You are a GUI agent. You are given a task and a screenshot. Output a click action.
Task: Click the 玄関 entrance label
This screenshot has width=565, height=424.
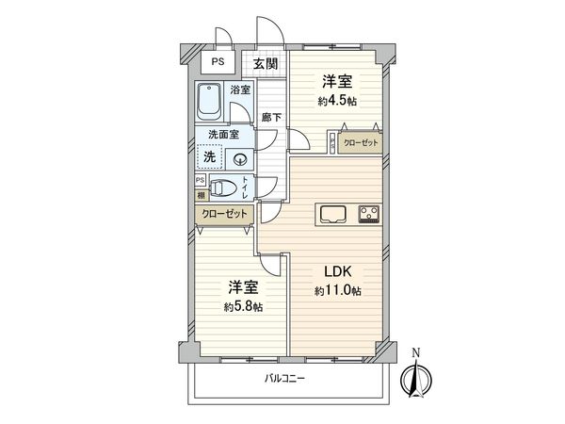click(266, 64)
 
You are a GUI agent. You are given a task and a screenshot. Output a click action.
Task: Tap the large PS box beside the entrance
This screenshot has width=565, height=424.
click(218, 64)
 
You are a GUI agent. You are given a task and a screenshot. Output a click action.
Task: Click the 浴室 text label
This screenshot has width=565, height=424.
click(241, 90)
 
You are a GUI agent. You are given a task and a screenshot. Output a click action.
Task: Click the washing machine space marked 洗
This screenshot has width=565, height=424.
click(212, 156)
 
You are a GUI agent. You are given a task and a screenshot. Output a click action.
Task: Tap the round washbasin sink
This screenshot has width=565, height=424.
click(241, 158)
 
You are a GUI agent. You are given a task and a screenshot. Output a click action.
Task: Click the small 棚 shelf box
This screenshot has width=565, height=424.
click(201, 196)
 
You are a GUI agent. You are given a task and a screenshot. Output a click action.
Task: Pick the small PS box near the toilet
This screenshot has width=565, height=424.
click(201, 180)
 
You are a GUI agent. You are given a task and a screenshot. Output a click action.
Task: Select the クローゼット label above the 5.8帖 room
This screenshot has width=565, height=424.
click(225, 214)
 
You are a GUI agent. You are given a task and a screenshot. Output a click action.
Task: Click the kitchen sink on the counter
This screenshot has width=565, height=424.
click(333, 213)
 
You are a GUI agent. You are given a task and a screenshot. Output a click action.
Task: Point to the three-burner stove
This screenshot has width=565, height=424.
click(367, 213)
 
